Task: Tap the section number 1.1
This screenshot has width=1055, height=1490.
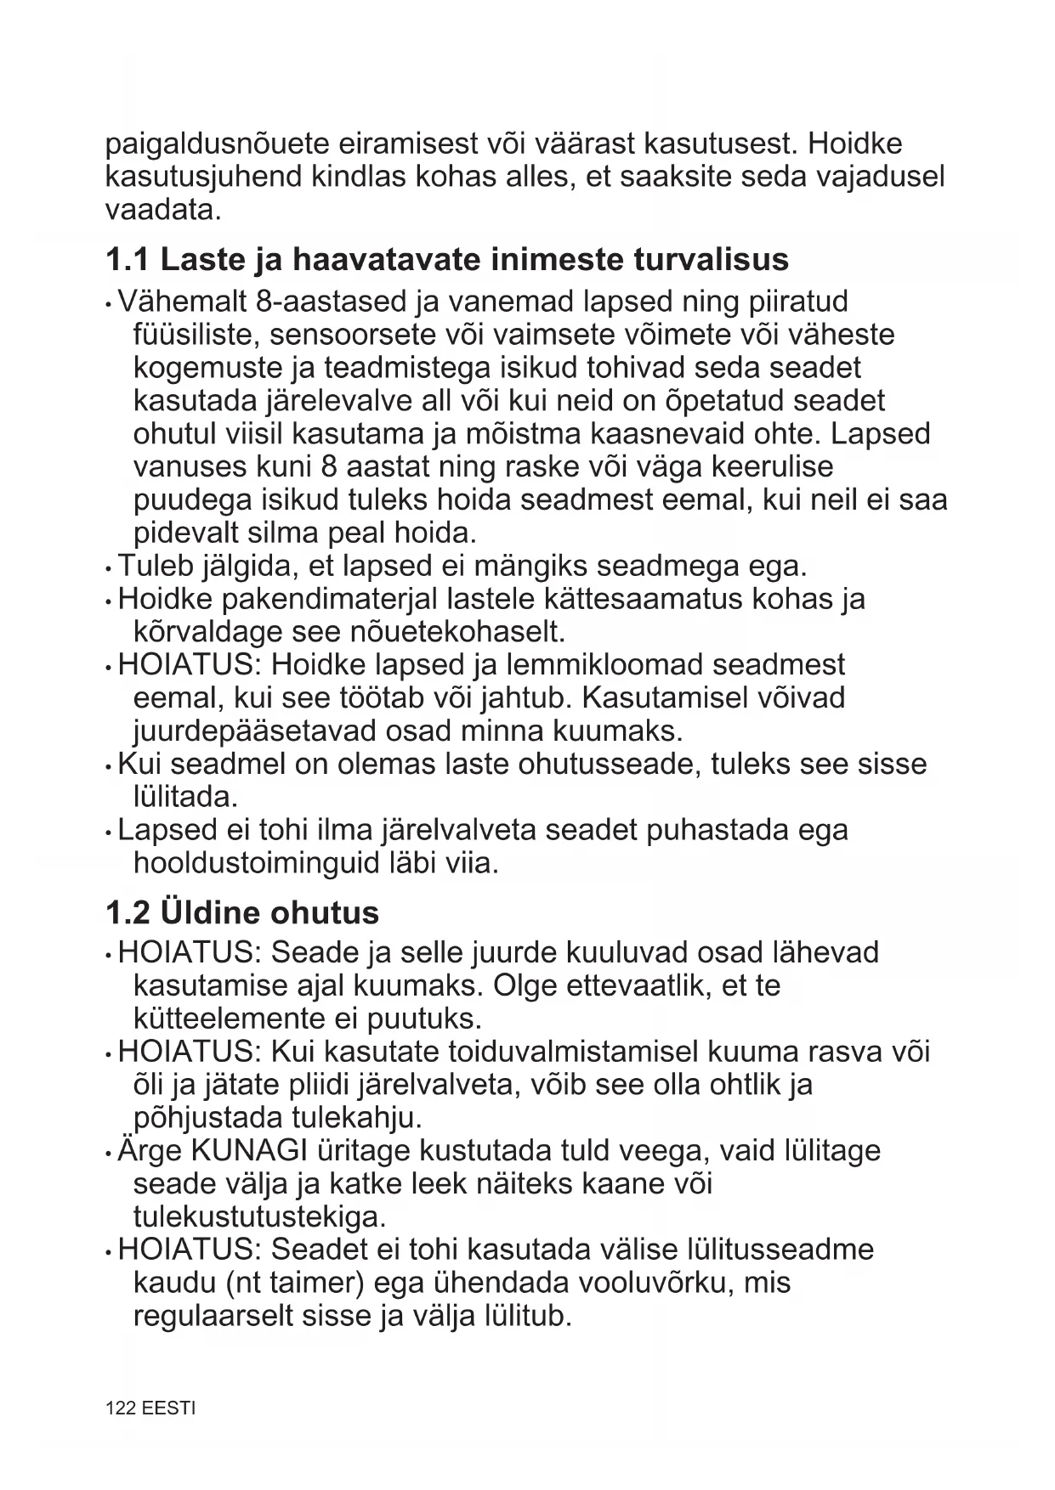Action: [x=128, y=260]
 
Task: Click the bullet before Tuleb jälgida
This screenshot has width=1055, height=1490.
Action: [x=109, y=567]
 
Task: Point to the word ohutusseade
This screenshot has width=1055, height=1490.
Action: [x=605, y=765]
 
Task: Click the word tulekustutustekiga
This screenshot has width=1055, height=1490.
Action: [x=259, y=1217]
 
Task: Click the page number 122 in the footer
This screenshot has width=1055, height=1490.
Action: [x=119, y=1408]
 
